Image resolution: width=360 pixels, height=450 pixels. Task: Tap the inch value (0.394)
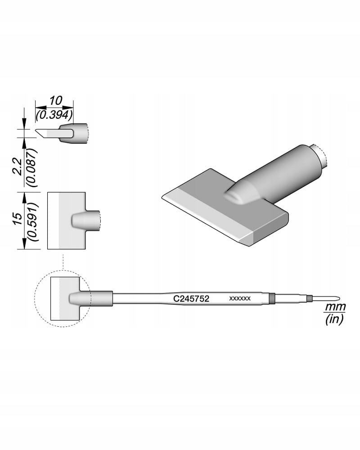[x=54, y=115]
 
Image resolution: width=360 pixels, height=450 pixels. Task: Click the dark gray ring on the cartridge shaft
[x=271, y=298]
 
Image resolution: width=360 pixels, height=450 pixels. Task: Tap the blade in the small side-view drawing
[x=52, y=133]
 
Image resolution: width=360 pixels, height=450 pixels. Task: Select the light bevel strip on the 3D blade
[x=207, y=214]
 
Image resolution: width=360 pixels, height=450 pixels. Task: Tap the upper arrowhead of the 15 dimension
[x=23, y=195]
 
